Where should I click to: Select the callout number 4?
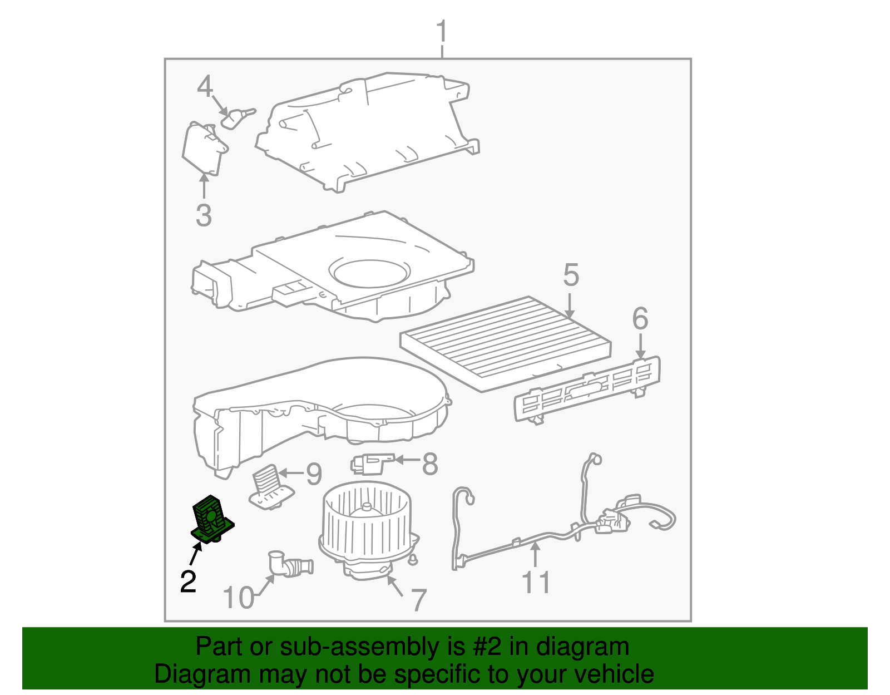tap(205, 87)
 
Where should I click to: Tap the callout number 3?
tap(204, 215)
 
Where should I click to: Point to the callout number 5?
tap(571, 275)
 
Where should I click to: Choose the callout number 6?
tap(640, 319)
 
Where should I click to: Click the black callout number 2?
tap(188, 581)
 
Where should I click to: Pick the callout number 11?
tap(536, 583)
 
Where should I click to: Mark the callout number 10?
tap(238, 598)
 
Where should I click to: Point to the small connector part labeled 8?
tap(370, 462)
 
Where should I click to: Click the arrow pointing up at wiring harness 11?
tap(535, 554)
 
